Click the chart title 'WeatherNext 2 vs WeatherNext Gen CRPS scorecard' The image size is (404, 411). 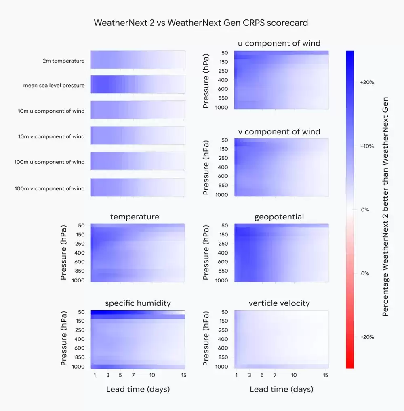point(201,23)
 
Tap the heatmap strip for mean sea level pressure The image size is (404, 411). point(138,85)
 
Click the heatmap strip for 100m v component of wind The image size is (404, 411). point(138,188)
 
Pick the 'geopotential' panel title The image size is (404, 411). point(279,217)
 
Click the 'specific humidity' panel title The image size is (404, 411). point(138,303)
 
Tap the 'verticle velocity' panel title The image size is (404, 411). point(279,303)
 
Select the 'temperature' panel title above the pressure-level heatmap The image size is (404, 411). point(135,217)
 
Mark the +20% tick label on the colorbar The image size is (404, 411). point(367,82)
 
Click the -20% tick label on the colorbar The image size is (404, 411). point(367,337)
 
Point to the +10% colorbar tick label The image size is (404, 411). point(367,146)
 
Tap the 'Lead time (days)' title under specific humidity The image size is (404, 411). point(138,389)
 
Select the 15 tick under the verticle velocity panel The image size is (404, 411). point(326,375)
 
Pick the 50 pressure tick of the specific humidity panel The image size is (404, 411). point(80,312)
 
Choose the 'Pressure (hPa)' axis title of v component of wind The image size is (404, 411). point(206,167)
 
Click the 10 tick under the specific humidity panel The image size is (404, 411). point(152,375)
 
